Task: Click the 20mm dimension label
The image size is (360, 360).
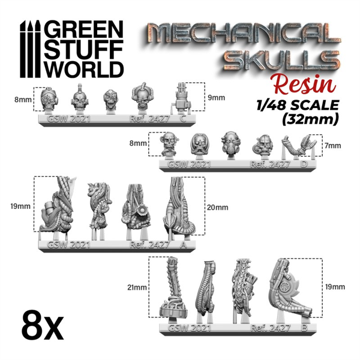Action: coord(217,208)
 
